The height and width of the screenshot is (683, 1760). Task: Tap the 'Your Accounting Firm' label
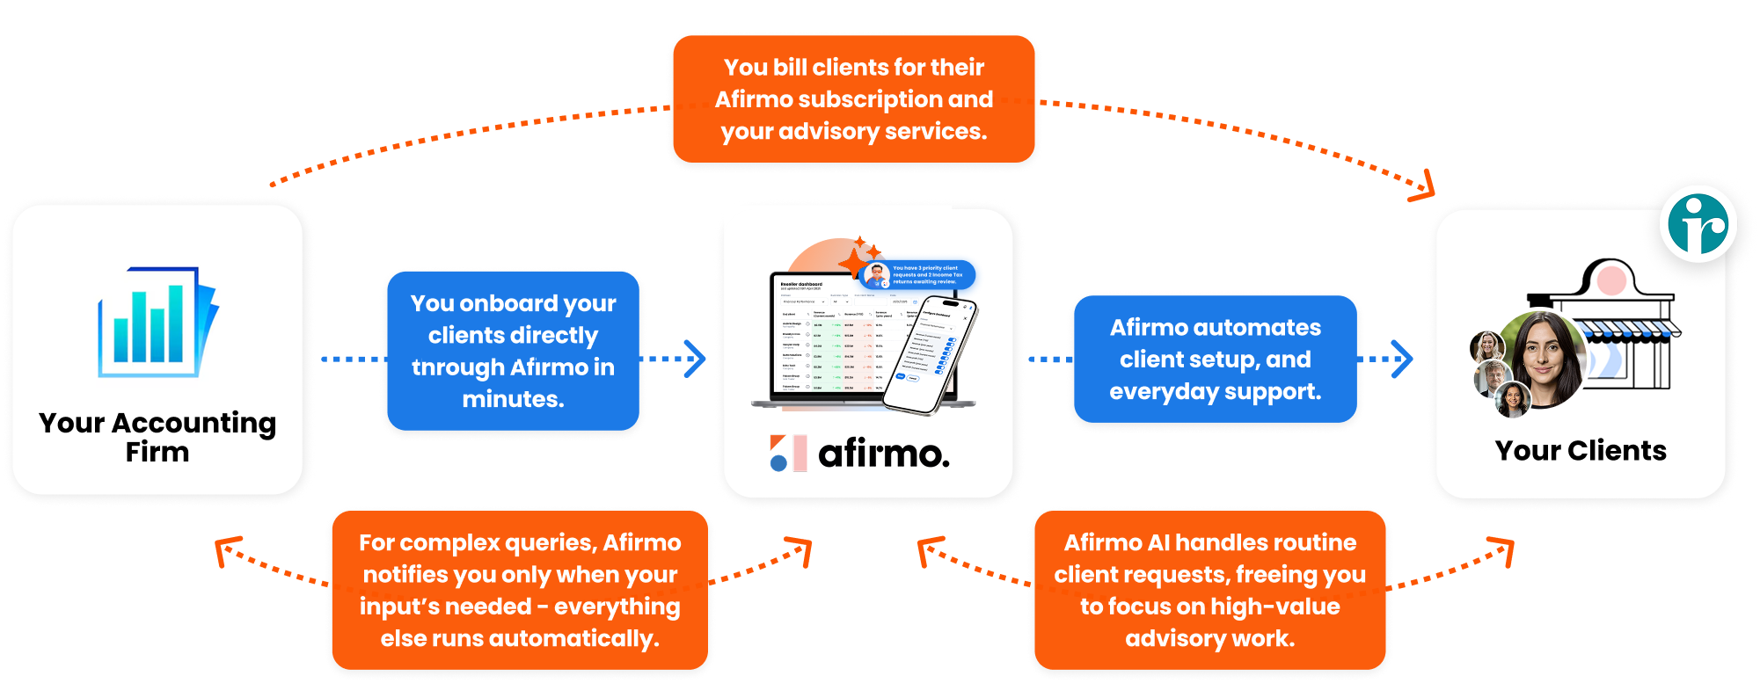click(157, 437)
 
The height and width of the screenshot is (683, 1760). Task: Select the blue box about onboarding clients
click(513, 351)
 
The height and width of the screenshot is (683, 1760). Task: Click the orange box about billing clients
click(853, 99)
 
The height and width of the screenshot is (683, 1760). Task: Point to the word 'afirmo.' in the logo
click(883, 454)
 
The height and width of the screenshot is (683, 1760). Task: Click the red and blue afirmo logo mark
click(788, 453)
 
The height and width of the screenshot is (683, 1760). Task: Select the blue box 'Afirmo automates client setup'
click(1215, 359)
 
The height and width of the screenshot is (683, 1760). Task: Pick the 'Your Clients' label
click(1581, 451)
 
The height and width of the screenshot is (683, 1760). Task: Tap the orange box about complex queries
click(520, 590)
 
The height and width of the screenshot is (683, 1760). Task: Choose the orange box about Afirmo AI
click(1209, 590)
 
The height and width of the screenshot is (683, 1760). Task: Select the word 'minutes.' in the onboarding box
click(513, 399)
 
